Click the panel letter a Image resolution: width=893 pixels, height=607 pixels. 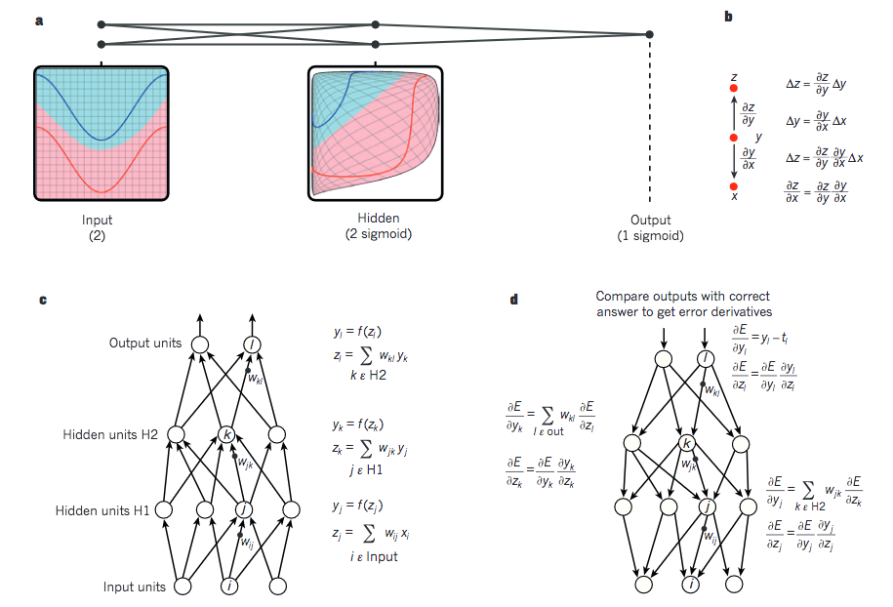(39, 19)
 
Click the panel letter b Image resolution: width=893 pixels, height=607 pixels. (728, 17)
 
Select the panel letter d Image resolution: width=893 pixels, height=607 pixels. (513, 300)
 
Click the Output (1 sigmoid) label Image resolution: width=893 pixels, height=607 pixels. (650, 227)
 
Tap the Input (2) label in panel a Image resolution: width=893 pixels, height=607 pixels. (98, 227)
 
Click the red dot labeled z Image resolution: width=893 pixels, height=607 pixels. (734, 90)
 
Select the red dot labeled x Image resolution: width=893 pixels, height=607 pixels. (734, 185)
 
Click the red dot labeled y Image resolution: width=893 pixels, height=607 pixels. (734, 138)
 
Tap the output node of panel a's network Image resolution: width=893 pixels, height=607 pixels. (650, 34)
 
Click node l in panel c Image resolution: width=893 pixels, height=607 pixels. (253, 344)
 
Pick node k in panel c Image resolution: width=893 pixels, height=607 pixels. (225, 434)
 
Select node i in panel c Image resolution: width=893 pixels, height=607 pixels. (229, 587)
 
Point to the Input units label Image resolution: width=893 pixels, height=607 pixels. (136, 587)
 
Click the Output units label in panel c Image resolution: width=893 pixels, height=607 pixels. (146, 344)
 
